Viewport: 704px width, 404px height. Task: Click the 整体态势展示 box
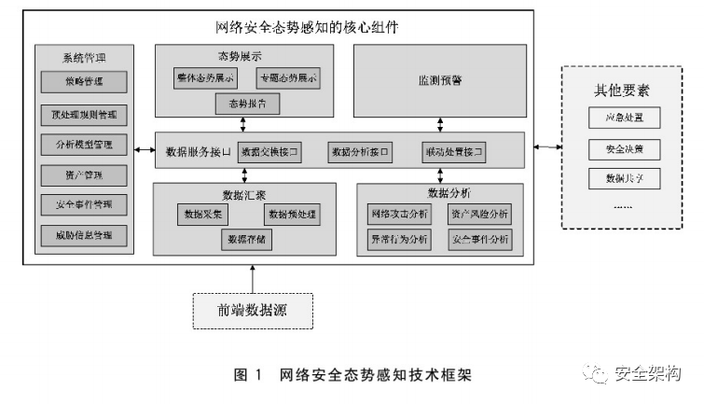203,78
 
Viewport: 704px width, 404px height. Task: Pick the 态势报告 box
247,104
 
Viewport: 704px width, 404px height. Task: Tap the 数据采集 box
203,215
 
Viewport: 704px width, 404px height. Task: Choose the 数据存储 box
247,240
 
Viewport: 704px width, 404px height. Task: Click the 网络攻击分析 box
399,215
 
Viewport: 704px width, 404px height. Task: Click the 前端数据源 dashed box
252,309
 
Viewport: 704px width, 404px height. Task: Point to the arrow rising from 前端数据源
252,277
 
